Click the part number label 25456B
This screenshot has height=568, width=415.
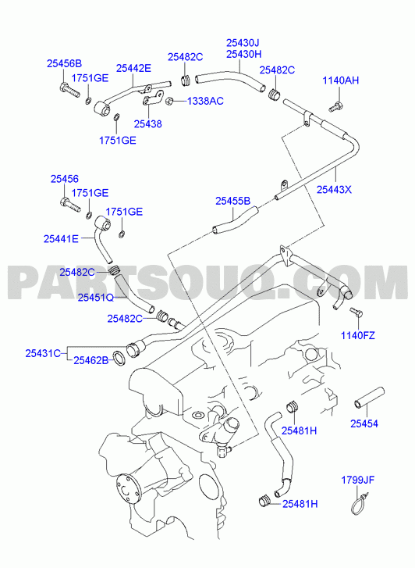click(x=65, y=64)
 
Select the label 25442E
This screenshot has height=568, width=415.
click(x=133, y=68)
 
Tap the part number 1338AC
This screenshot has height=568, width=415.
click(x=205, y=101)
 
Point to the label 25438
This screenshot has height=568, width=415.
click(x=147, y=124)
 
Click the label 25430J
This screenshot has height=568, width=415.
click(x=243, y=43)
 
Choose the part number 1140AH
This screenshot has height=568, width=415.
click(x=341, y=80)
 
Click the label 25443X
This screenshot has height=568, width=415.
click(x=334, y=189)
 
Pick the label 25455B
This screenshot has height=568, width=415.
click(x=233, y=201)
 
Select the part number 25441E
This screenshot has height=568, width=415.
click(x=61, y=239)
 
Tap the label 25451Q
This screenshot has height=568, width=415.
click(x=96, y=298)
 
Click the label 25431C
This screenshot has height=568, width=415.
click(x=43, y=353)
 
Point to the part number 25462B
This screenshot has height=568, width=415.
click(x=91, y=360)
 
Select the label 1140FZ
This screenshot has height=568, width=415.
click(x=358, y=335)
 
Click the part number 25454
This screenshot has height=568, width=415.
click(x=364, y=423)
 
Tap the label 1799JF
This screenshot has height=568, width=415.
click(x=358, y=480)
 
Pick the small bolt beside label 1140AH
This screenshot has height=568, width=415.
click(x=335, y=107)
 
